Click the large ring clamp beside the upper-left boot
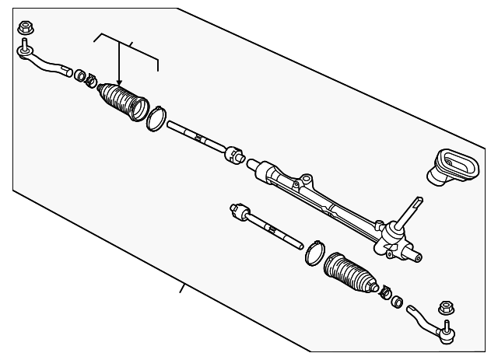156,117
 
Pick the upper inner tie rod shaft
191,135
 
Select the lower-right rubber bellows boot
349,276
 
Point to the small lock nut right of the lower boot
396,300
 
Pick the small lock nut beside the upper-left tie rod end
79,75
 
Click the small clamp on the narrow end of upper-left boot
91,80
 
